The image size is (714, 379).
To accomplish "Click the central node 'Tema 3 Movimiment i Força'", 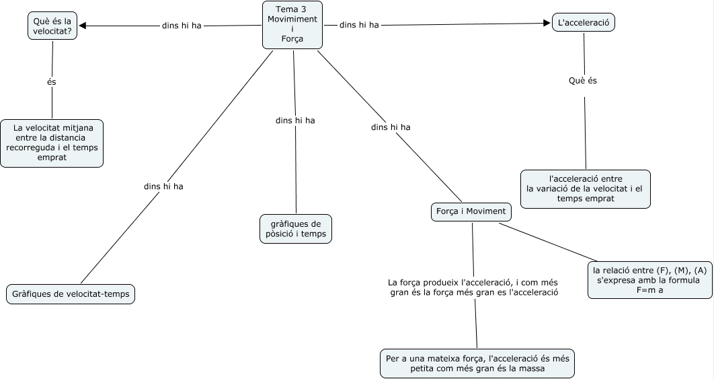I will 292,25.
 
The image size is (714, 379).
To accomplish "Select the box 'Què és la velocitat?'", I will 52,26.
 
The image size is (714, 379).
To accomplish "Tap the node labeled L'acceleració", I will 583,23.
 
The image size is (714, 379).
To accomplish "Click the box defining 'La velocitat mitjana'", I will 52,143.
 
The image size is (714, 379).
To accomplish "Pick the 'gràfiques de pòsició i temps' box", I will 295,229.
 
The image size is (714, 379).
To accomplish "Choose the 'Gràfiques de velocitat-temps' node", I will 71,294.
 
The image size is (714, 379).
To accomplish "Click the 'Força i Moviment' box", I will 471,211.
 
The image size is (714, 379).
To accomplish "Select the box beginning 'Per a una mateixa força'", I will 477,364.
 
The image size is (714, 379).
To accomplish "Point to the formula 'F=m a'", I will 649,290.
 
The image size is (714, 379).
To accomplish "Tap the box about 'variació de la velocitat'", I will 585,189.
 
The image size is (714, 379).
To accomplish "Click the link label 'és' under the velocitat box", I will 52,81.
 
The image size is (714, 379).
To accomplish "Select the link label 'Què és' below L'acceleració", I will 583,81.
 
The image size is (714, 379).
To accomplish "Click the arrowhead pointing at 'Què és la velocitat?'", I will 83,26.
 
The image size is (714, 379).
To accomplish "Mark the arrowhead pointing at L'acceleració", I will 547,23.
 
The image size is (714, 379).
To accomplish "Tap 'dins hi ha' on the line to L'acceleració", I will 359,25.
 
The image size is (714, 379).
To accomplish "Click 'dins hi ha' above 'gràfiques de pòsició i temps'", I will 295,120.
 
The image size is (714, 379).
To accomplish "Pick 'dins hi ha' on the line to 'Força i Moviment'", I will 391,127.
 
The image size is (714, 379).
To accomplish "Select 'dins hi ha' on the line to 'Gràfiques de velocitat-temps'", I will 163,186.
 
